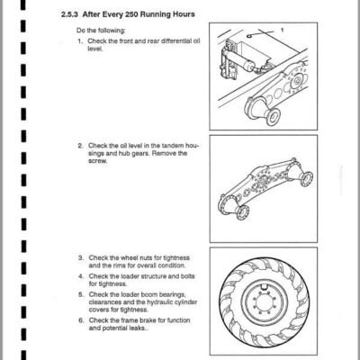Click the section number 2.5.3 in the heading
70,14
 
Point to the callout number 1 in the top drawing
282,30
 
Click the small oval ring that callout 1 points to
250,36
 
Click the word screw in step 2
97,161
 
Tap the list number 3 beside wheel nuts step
81,257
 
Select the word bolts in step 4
187,276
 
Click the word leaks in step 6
138,328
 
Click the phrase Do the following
101,31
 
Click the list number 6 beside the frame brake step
81,320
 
